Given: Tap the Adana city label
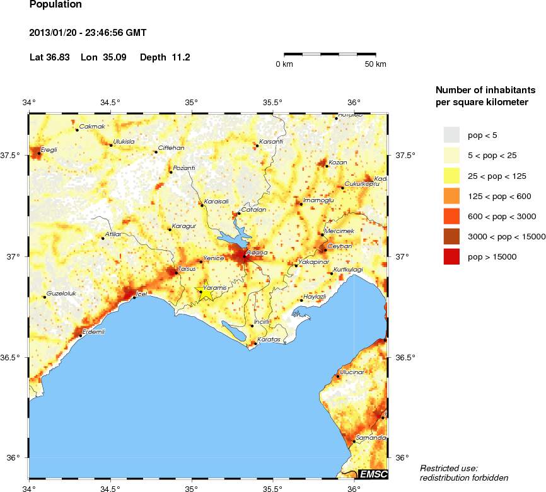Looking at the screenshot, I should (x=257, y=253).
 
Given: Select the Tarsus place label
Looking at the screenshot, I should (x=187, y=269).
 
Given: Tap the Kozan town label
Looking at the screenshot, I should (x=338, y=162).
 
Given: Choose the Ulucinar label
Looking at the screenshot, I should (x=352, y=372).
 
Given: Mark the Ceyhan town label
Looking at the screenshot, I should (x=337, y=246).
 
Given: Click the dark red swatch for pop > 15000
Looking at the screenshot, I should (x=452, y=256).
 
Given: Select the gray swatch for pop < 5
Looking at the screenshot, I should (x=452, y=135).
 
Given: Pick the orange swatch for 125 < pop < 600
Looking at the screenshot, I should (x=452, y=196).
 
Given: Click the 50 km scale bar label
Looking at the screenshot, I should (x=376, y=64).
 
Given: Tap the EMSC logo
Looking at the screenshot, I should (x=373, y=474).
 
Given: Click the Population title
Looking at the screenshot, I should (x=55, y=4).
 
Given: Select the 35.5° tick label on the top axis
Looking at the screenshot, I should (x=272, y=102).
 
